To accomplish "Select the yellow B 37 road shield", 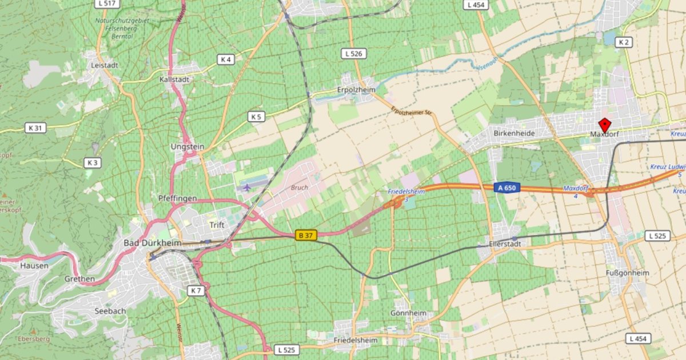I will [306, 235].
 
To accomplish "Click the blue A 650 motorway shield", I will [506, 187].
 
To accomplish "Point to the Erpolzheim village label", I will [356, 90].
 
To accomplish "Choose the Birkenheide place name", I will [514, 133].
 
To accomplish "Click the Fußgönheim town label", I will [627, 273].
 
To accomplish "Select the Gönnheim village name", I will [408, 313].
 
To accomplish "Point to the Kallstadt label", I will [174, 79].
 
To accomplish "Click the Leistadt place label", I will [104, 65].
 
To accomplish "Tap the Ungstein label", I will [187, 146].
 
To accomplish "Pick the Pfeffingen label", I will [177, 198].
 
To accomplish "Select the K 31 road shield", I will [35, 128].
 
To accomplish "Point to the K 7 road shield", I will [196, 291].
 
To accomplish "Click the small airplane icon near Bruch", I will [246, 187].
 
